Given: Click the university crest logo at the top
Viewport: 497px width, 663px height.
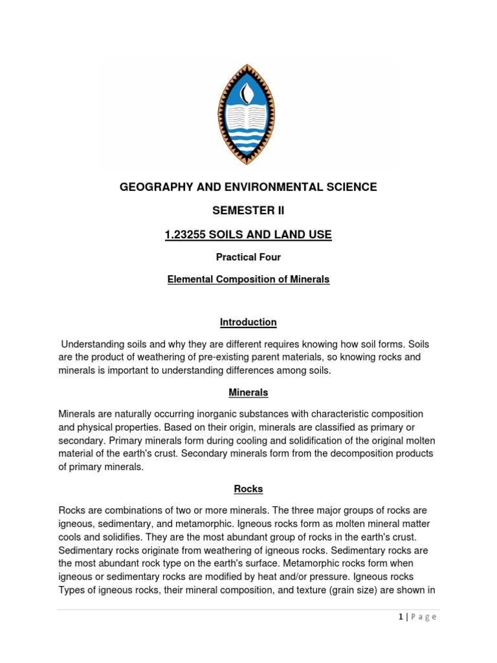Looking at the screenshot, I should tap(248, 114).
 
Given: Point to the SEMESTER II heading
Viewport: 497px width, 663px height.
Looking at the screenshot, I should tap(248, 211).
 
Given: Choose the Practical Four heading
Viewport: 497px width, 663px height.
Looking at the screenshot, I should tap(248, 257).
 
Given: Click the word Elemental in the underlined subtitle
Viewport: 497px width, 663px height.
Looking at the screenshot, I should tap(189, 280).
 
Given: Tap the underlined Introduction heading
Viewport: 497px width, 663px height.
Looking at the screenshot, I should tap(248, 322).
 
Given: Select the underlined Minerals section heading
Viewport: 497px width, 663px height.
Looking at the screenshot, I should tap(248, 392).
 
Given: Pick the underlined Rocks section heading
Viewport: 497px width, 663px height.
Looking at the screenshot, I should tap(248, 489).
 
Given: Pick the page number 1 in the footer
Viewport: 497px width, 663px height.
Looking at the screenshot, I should tap(401, 617).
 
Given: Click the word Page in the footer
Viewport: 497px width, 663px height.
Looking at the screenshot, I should tap(423, 617).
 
